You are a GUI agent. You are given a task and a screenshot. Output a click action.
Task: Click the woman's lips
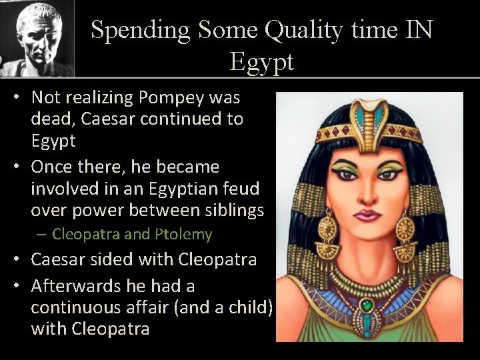(x=366, y=216)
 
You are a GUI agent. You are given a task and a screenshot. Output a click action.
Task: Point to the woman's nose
(x=366, y=193)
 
